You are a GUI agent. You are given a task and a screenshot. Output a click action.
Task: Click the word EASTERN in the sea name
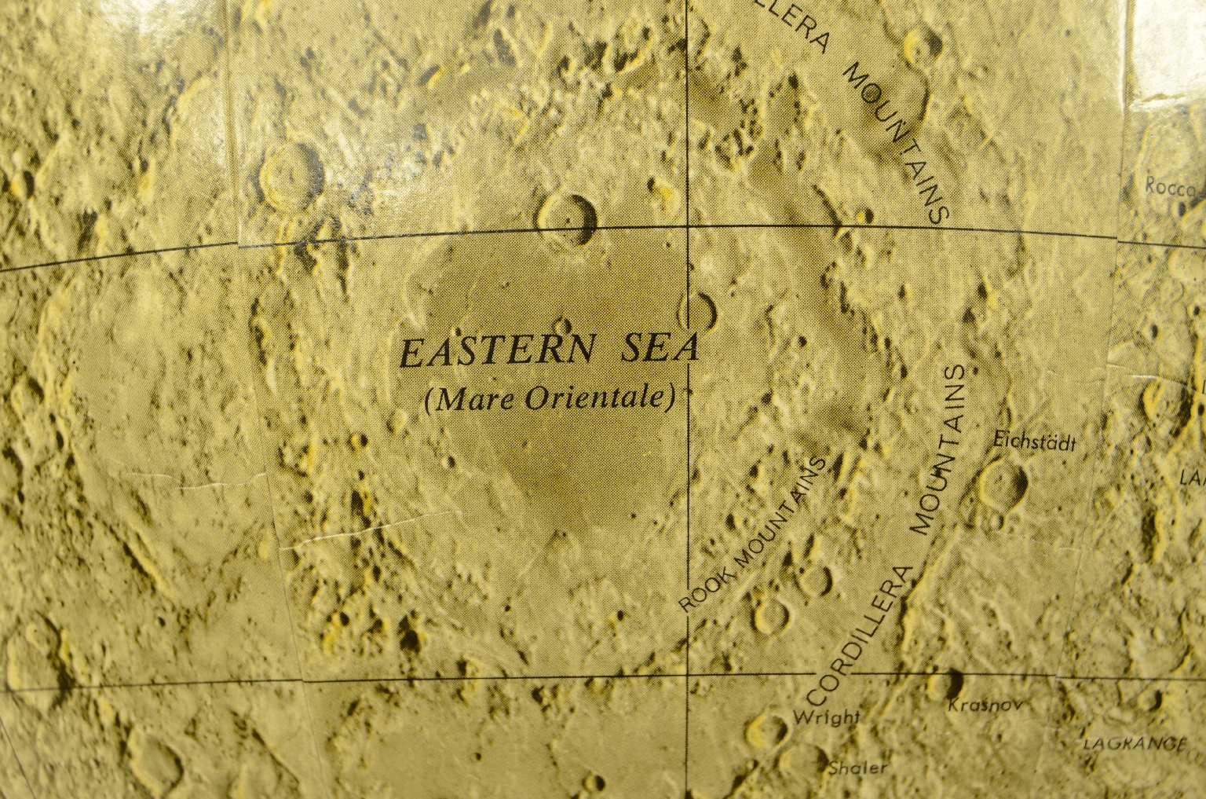(499, 351)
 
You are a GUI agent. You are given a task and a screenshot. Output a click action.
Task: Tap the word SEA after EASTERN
(658, 349)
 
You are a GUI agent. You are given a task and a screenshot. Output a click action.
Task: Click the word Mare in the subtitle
(469, 400)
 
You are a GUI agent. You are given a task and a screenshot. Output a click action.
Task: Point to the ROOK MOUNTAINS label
(753, 534)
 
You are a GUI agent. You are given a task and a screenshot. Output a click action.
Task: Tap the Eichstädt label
(1033, 442)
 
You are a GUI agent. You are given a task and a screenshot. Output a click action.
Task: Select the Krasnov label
(985, 706)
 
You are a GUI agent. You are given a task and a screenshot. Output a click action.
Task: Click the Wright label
(826, 717)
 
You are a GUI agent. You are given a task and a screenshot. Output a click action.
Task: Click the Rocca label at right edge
(1172, 187)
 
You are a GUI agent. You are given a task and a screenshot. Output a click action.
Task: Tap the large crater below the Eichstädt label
(1003, 482)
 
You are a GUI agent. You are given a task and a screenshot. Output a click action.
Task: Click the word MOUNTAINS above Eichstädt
(948, 446)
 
